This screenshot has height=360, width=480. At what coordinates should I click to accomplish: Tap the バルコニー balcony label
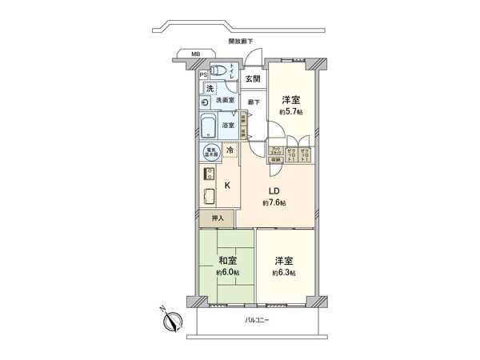258,320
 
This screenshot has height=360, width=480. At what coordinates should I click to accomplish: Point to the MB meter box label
195,54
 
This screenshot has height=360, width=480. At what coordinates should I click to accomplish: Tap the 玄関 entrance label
252,78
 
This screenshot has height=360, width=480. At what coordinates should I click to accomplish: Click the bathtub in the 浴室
209,126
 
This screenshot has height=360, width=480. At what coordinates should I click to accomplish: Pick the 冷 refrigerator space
229,150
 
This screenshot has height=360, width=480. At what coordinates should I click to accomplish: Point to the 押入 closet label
217,218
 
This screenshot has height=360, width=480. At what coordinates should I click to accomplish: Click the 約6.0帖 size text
227,273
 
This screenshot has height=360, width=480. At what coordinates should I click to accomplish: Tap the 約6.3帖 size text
284,273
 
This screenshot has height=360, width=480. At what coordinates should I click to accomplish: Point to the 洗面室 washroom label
225,101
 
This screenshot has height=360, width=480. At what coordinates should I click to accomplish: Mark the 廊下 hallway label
253,102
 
